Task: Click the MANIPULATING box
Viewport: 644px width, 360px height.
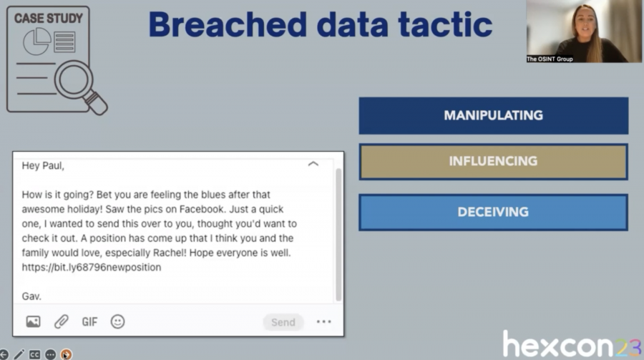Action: tap(493, 115)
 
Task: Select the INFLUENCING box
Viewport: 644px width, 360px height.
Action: tap(493, 161)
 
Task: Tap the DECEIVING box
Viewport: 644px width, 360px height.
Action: tap(493, 212)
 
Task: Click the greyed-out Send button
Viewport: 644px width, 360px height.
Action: tap(283, 322)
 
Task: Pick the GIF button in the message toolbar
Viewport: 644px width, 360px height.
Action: tap(89, 322)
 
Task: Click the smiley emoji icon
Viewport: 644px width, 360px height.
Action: tap(117, 322)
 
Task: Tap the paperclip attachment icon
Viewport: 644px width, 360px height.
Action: tap(62, 322)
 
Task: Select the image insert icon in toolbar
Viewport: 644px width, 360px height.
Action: tap(33, 322)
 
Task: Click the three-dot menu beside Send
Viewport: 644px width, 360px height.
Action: tap(323, 322)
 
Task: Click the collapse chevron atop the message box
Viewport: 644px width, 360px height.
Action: tap(313, 164)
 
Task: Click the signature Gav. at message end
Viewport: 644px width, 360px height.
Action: tap(31, 296)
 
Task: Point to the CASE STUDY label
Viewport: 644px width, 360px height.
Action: tap(49, 17)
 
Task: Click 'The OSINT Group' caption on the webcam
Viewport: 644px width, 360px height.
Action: tap(550, 59)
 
